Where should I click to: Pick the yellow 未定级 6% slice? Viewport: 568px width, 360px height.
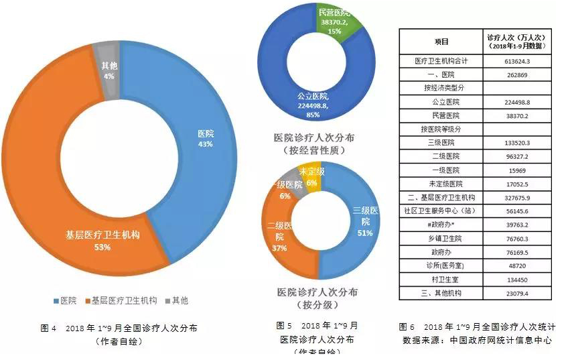click(x=311, y=176)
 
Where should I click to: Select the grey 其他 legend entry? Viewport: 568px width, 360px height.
click(x=175, y=300)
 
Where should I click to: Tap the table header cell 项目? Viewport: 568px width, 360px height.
click(x=441, y=42)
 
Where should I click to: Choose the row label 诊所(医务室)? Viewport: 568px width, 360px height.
click(x=441, y=265)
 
